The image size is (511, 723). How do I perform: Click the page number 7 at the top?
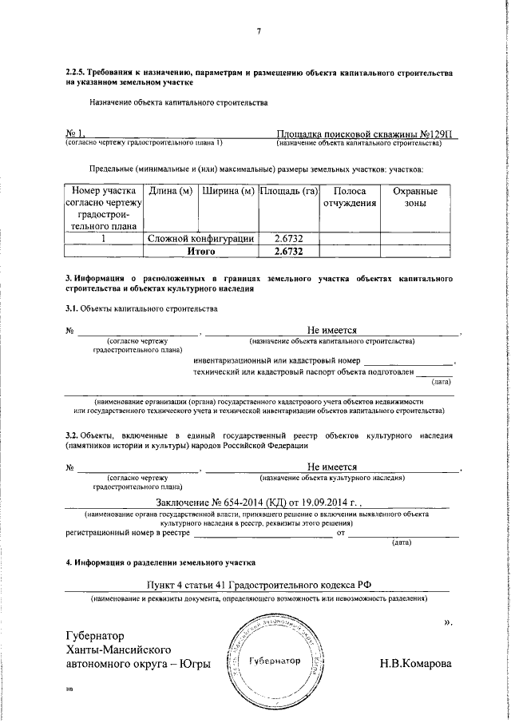(x=258, y=32)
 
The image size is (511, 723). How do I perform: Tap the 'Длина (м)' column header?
(x=169, y=192)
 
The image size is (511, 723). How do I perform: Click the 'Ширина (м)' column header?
(x=228, y=192)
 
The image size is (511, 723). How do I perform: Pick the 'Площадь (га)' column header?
(x=288, y=192)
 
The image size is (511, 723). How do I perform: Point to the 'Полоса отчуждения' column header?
(x=349, y=197)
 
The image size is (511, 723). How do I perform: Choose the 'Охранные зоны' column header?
(x=416, y=197)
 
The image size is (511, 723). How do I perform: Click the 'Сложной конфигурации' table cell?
(x=200, y=238)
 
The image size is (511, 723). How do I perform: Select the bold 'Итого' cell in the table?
(x=201, y=251)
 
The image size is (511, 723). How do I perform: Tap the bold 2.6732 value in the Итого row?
(x=288, y=251)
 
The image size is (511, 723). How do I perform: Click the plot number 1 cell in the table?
(x=104, y=238)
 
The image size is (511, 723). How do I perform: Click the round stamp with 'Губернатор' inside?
(x=275, y=661)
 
